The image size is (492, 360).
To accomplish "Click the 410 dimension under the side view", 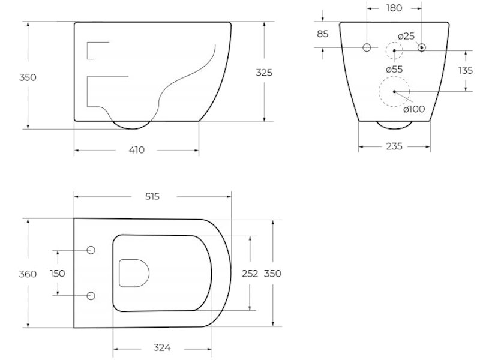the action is (137, 150).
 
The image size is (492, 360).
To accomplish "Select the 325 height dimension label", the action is (264, 73).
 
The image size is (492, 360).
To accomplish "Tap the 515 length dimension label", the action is (152, 196).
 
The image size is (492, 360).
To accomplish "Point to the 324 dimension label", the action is (162, 348).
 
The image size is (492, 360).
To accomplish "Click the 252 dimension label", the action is (250, 274).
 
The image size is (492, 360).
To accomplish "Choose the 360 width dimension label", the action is (28, 274).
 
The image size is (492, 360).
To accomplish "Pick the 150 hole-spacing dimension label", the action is (58, 274).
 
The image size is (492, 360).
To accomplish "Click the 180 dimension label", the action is (394, 8).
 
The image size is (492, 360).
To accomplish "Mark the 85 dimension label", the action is (323, 34).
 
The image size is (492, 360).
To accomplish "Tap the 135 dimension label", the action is (466, 70).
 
